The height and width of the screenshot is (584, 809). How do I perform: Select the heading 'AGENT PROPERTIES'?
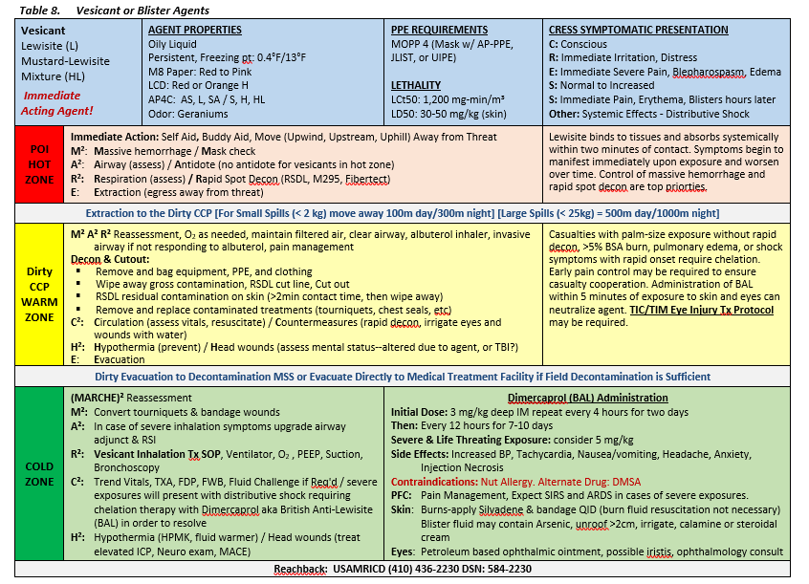pos(194,30)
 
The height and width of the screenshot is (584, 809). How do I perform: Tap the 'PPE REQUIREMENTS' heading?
pos(439,30)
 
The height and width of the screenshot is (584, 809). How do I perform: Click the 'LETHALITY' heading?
pos(416,85)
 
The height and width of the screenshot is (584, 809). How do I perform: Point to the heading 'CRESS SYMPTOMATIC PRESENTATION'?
pos(638,30)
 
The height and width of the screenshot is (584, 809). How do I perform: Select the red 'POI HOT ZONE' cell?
pos(39,163)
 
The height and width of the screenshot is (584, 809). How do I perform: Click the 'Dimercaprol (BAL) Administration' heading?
pos(587,398)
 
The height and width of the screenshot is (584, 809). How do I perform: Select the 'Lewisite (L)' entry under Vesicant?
pos(51,46)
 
